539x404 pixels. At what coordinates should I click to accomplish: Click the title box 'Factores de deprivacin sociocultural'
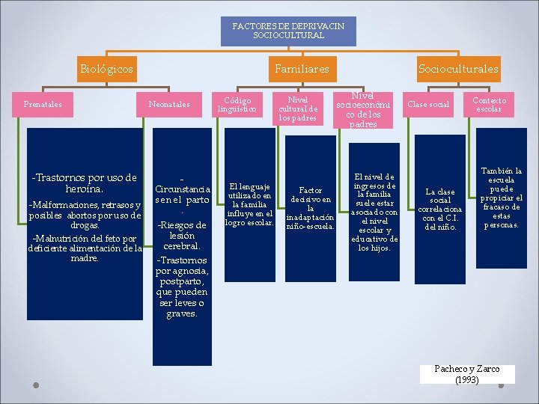tap(288, 31)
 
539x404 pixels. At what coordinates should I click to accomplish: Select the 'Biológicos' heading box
tap(106, 69)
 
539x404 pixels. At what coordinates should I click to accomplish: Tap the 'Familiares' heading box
tap(302, 69)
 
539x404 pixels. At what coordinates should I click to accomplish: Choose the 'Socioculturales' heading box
tap(458, 69)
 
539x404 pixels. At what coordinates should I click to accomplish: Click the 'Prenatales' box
tap(43, 104)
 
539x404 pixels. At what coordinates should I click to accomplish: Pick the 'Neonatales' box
tap(170, 104)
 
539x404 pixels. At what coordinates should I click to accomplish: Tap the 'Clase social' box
tap(428, 104)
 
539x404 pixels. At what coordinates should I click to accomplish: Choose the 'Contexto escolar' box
tap(490, 105)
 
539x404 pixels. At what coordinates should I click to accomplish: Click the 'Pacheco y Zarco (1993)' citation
tap(467, 374)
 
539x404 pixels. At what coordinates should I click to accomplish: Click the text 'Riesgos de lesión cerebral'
tap(180, 235)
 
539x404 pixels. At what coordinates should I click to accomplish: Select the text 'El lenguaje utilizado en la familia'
tap(251, 195)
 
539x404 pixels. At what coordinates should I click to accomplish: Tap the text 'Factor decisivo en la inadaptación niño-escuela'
tap(311, 209)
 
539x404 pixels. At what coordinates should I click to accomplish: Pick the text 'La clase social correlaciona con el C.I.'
tap(440, 209)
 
